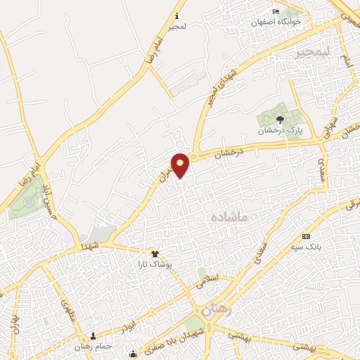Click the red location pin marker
pyautogui.click(x=181, y=165)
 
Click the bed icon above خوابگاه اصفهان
pyautogui.click(x=276, y=12)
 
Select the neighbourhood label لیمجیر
pyautogui.click(x=311, y=53)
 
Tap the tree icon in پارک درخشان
pyautogui.click(x=280, y=120)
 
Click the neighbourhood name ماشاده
pyautogui.click(x=229, y=218)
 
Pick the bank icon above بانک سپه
pyautogui.click(x=306, y=236)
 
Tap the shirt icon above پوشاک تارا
pyautogui.click(x=155, y=254)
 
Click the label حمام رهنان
pyautogui.click(x=93, y=346)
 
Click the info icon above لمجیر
pyautogui.click(x=176, y=15)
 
